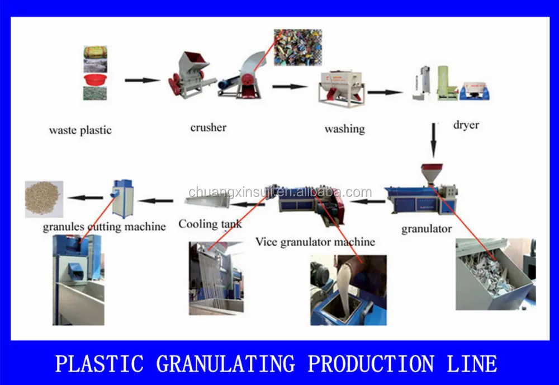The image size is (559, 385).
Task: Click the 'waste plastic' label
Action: click(x=80, y=130)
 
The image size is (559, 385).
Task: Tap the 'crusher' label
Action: click(x=209, y=128)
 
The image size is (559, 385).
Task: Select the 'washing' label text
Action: click(x=344, y=129)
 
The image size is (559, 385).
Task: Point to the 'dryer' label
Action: click(x=466, y=125)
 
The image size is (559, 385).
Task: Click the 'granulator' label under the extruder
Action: click(x=427, y=228)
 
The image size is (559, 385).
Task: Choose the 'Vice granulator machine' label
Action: click(x=315, y=242)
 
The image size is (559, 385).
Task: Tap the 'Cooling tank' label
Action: click(x=210, y=224)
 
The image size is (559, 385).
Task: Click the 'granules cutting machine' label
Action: click(x=105, y=227)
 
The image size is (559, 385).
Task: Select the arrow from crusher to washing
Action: click(x=290, y=86)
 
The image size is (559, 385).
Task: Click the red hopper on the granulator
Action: click(x=432, y=171)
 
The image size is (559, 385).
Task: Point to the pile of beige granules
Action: click(x=44, y=198)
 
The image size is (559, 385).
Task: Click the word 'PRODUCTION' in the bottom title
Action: click(x=370, y=364)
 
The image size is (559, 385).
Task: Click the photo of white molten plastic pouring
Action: click(x=348, y=290)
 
